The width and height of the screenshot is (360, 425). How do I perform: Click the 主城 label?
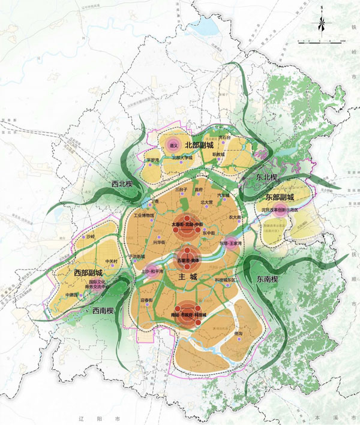click(x=187, y=277)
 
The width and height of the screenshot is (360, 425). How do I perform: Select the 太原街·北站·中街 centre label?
click(x=188, y=225)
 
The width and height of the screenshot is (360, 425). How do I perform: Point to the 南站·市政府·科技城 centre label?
click(x=188, y=314)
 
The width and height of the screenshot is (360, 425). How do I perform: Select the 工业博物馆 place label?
click(x=144, y=215)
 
